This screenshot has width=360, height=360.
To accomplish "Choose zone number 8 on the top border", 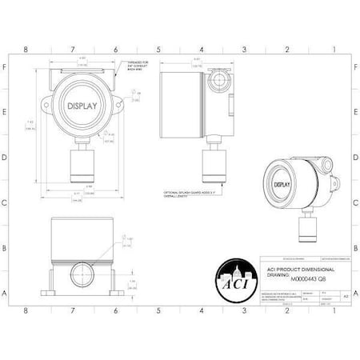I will click(26, 49).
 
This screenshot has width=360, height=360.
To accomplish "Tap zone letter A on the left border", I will click(6, 294).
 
